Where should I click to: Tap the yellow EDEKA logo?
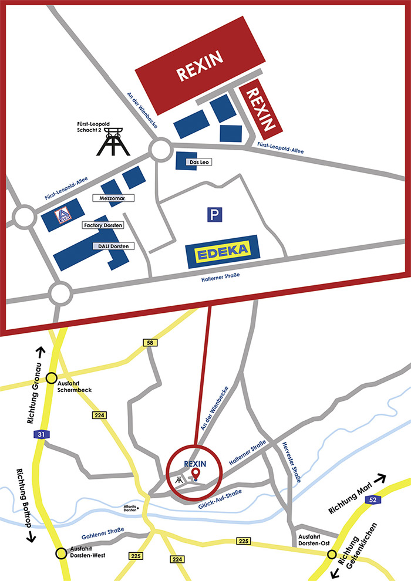point(222,252)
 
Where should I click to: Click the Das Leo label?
point(198,162)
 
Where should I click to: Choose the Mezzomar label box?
point(112,198)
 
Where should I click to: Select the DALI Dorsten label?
point(113,246)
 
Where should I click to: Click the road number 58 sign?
point(151,342)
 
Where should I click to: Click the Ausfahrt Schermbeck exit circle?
point(52,379)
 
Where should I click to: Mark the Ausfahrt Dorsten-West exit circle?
point(60,553)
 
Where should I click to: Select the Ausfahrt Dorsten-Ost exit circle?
point(332,555)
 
